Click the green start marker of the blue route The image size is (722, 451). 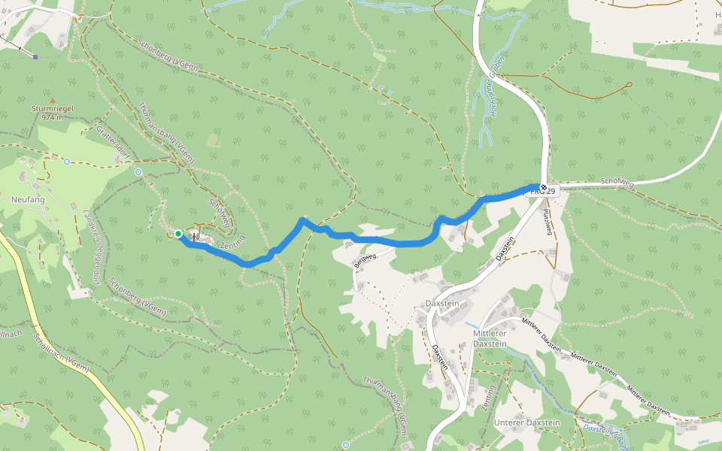[x=178, y=234]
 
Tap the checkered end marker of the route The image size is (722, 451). [x=543, y=186]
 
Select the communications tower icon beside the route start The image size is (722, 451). [x=193, y=237]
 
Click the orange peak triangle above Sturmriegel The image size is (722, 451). [x=52, y=100]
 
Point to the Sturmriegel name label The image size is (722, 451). [x=52, y=109]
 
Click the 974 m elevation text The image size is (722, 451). [x=52, y=117]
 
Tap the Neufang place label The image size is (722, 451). [x=29, y=200]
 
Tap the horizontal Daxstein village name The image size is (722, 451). [x=442, y=303]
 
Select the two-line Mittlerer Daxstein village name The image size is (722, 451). [x=490, y=338]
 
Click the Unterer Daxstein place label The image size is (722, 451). [x=527, y=423]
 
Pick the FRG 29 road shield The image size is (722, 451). [x=545, y=192]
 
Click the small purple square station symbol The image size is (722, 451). [x=35, y=56]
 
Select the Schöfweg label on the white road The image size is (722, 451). [x=619, y=182]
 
